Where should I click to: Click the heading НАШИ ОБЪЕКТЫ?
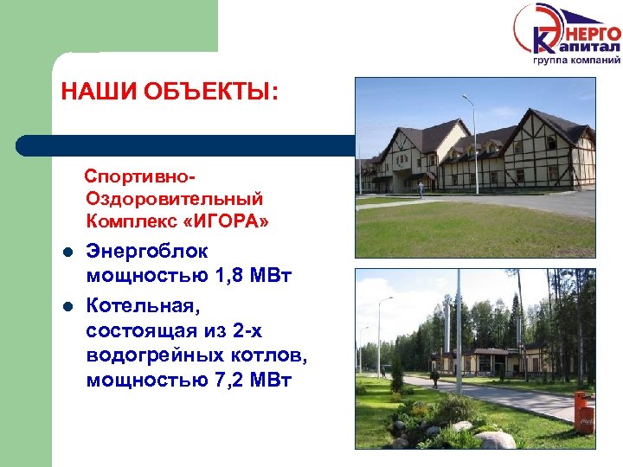[x=170, y=92]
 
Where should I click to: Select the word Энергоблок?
[x=147, y=252]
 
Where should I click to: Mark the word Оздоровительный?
[x=173, y=200]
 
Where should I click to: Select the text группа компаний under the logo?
[x=575, y=61]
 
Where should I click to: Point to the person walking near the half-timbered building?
[x=421, y=189]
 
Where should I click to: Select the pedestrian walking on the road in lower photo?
[x=434, y=379]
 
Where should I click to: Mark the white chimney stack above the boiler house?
[x=459, y=320]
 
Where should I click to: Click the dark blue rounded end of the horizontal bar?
[x=26, y=144]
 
